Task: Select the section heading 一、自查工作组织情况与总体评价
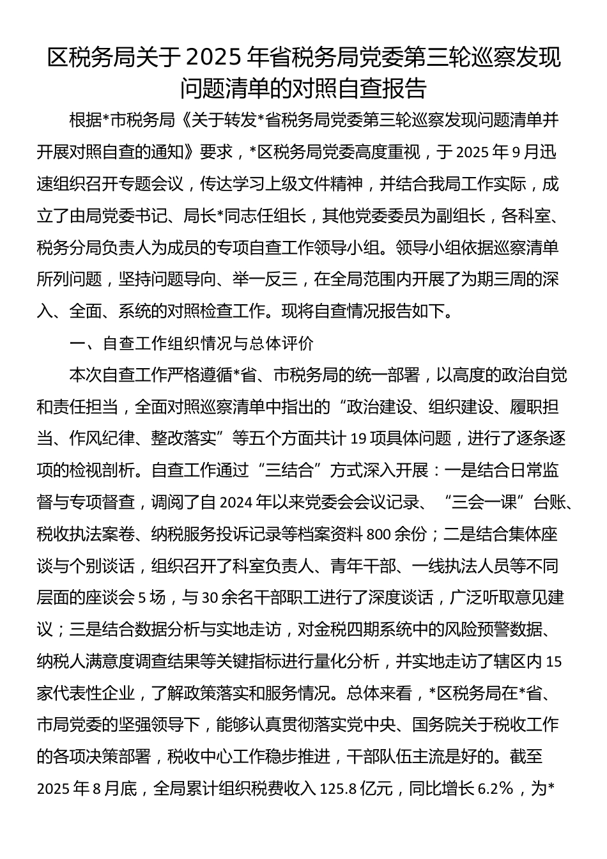[x=192, y=343]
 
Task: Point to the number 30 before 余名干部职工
[x=210, y=598]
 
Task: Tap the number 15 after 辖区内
[x=555, y=662]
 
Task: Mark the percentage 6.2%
[x=496, y=789]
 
